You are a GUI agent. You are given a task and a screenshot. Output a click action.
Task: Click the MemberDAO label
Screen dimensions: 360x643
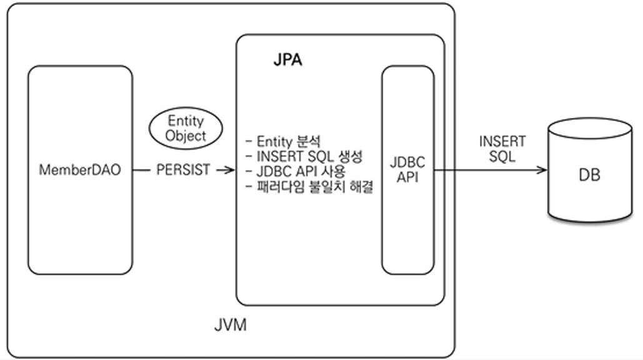click(80, 170)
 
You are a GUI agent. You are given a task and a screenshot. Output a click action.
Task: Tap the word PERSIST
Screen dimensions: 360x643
click(184, 170)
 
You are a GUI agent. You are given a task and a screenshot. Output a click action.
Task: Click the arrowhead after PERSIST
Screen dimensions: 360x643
click(231, 170)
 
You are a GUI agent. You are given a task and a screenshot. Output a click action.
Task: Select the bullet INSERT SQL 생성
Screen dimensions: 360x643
click(304, 156)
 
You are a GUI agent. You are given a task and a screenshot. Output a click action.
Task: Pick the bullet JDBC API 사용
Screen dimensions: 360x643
click(296, 171)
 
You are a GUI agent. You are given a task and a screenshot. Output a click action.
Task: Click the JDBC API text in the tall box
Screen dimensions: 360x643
click(407, 169)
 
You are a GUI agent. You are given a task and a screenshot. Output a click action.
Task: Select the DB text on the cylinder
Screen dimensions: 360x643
click(589, 175)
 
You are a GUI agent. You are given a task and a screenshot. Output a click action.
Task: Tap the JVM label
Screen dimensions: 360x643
click(231, 326)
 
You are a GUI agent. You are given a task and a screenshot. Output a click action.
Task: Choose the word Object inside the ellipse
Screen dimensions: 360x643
click(186, 135)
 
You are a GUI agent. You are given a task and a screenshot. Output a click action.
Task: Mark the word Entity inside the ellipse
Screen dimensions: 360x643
click(186, 121)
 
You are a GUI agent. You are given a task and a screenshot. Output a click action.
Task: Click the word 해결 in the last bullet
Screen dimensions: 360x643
click(360, 186)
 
